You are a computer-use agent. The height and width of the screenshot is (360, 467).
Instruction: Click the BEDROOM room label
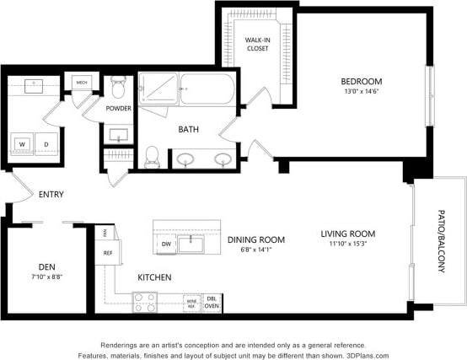pos(361,81)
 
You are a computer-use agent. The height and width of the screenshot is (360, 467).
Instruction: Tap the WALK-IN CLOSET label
pos(256,44)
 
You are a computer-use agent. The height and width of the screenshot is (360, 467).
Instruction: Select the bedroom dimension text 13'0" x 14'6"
pos(361,93)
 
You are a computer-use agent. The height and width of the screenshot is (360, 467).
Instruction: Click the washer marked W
pos(22,144)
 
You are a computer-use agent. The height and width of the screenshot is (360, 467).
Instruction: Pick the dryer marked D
pos(47,144)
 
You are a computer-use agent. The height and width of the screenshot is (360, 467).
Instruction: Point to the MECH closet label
pos(82,82)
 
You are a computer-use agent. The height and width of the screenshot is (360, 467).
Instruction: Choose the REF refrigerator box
pos(108,252)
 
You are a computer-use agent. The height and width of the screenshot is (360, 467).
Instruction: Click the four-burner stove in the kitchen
pos(144,302)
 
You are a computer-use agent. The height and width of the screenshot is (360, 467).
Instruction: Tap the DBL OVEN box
pos(212,302)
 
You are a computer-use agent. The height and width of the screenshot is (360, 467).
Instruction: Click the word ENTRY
pos(51,195)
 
